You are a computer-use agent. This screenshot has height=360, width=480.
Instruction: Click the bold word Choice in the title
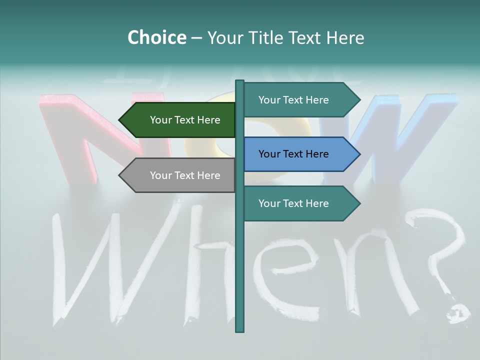pos(156,37)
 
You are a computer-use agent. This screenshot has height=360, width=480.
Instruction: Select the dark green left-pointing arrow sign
pos(180,120)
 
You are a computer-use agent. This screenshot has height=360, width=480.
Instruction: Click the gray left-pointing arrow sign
pos(180,175)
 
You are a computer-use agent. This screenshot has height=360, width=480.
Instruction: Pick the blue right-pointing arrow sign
pos(297,154)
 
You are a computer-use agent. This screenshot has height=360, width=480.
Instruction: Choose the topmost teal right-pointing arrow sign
pos(297,100)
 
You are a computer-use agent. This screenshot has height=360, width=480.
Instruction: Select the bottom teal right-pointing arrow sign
pos(297,203)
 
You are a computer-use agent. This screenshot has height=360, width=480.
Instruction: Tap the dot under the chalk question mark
pos(457,312)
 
